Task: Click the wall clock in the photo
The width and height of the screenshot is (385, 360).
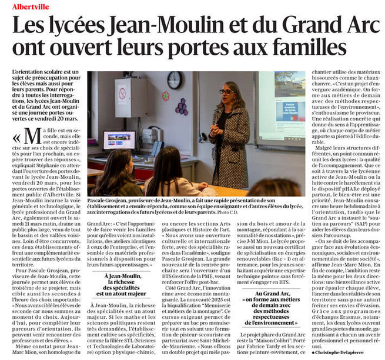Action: (x=174, y=81)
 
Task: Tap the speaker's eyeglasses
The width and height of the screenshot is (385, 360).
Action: (x=226, y=92)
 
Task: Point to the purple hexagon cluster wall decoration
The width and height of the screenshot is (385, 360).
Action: (x=182, y=106)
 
